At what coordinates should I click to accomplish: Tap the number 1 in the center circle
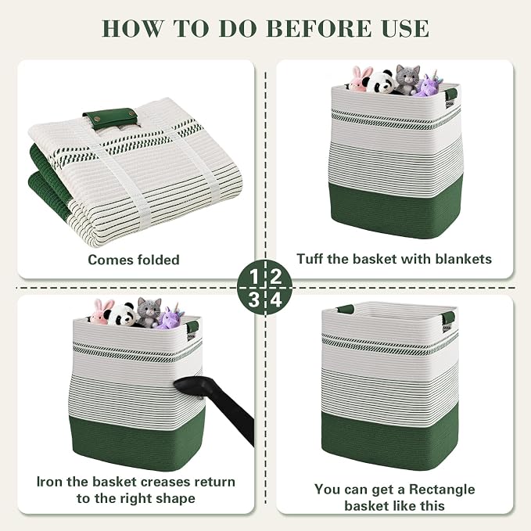(254, 277)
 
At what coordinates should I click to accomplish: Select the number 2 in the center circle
(276, 277)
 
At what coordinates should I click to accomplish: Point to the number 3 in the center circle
(253, 300)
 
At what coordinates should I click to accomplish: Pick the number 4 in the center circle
(276, 300)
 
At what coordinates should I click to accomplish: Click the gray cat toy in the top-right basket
(407, 79)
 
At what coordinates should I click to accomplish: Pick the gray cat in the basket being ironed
(148, 313)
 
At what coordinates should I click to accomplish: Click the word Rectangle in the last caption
(442, 490)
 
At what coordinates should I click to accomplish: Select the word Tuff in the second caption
(310, 259)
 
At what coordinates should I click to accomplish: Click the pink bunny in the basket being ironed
(102, 312)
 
